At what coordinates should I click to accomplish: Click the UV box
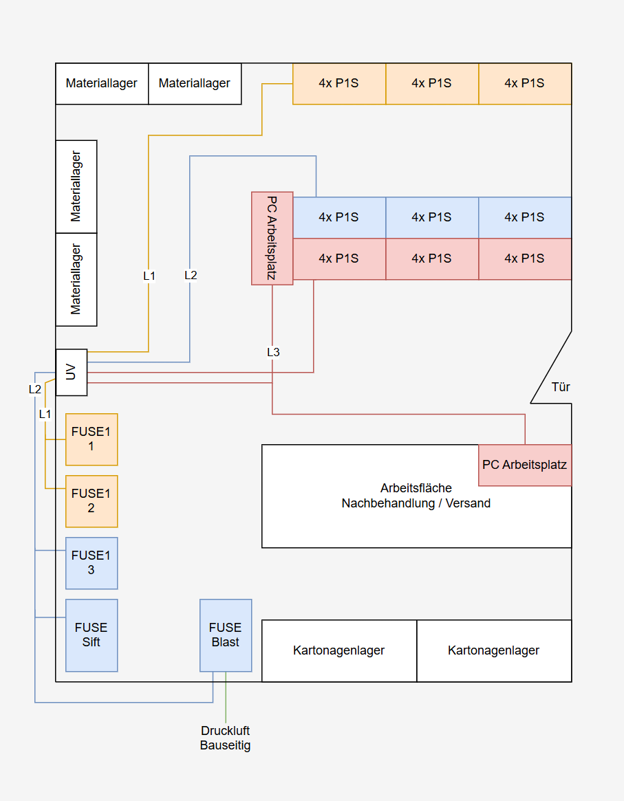72,372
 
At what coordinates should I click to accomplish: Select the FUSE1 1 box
92,439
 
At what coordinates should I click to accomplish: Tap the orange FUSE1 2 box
92,501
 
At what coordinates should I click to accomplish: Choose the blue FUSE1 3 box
92,563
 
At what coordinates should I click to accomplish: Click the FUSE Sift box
92,635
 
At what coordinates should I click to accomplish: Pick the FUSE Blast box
226,635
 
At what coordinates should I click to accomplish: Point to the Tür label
561,387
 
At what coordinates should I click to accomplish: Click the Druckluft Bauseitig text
225,738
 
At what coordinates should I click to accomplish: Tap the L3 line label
273,352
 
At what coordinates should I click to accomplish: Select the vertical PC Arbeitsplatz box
272,238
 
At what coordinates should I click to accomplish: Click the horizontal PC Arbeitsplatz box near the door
525,465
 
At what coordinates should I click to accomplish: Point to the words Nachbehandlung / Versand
416,503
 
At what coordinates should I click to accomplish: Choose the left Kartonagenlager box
339,650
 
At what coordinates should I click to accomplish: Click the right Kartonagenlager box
494,650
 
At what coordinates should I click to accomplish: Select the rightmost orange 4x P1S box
525,83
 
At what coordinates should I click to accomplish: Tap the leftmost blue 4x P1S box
339,217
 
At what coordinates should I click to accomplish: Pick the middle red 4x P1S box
432,259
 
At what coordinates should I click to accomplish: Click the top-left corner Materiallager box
102,83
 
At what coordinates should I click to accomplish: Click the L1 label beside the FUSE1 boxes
45,414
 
